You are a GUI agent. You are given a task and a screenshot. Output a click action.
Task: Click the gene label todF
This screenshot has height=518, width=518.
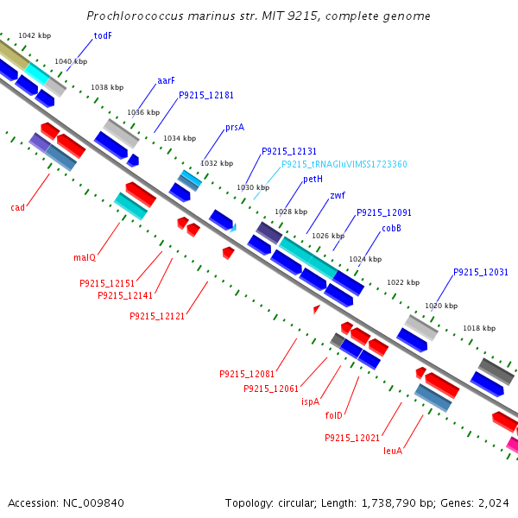click(103, 35)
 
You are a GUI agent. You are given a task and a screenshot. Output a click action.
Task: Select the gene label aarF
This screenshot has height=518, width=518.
click(166, 80)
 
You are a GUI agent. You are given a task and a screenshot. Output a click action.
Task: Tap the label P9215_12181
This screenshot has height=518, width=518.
click(206, 95)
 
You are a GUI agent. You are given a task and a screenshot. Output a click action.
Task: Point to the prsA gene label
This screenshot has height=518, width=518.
click(235, 127)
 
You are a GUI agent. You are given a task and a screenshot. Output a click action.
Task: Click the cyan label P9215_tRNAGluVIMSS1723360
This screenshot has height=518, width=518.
click(344, 164)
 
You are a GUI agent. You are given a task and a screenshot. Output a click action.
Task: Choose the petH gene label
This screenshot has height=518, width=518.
click(313, 180)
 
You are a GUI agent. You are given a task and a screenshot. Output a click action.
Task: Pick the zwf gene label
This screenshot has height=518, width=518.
click(338, 196)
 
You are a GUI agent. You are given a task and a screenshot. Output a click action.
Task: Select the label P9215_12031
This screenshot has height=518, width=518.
click(481, 272)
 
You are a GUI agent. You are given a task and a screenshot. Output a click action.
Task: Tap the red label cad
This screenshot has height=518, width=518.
click(17, 207)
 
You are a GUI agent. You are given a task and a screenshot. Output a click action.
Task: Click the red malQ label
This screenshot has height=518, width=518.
click(85, 257)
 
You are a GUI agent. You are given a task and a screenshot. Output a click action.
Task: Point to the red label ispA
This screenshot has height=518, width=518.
click(310, 401)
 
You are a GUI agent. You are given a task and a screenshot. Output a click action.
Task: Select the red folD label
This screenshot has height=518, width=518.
click(334, 415)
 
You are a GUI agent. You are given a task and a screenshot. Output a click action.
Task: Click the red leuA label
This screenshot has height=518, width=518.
click(393, 450)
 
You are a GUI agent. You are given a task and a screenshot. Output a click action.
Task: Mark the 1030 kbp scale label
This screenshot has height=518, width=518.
click(253, 187)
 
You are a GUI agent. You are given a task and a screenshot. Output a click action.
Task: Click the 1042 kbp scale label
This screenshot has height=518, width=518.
click(35, 35)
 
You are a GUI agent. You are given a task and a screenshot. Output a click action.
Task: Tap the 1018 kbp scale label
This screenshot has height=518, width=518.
click(479, 328)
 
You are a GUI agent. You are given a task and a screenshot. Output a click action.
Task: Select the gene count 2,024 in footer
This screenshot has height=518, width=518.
click(492, 502)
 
